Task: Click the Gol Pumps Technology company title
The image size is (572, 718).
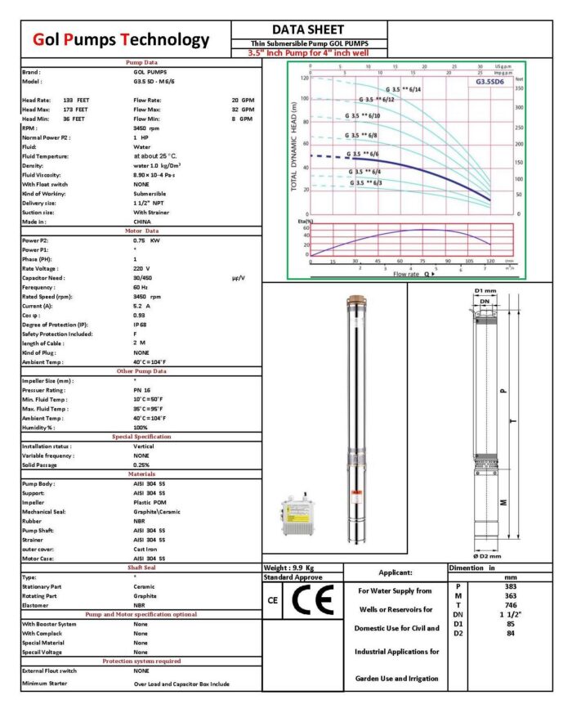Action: click(x=121, y=40)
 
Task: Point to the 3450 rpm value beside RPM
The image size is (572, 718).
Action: click(x=146, y=128)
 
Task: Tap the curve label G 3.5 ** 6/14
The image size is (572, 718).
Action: click(x=403, y=88)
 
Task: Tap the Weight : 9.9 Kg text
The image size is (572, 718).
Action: click(x=291, y=568)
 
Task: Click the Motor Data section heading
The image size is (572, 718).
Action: click(x=141, y=231)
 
